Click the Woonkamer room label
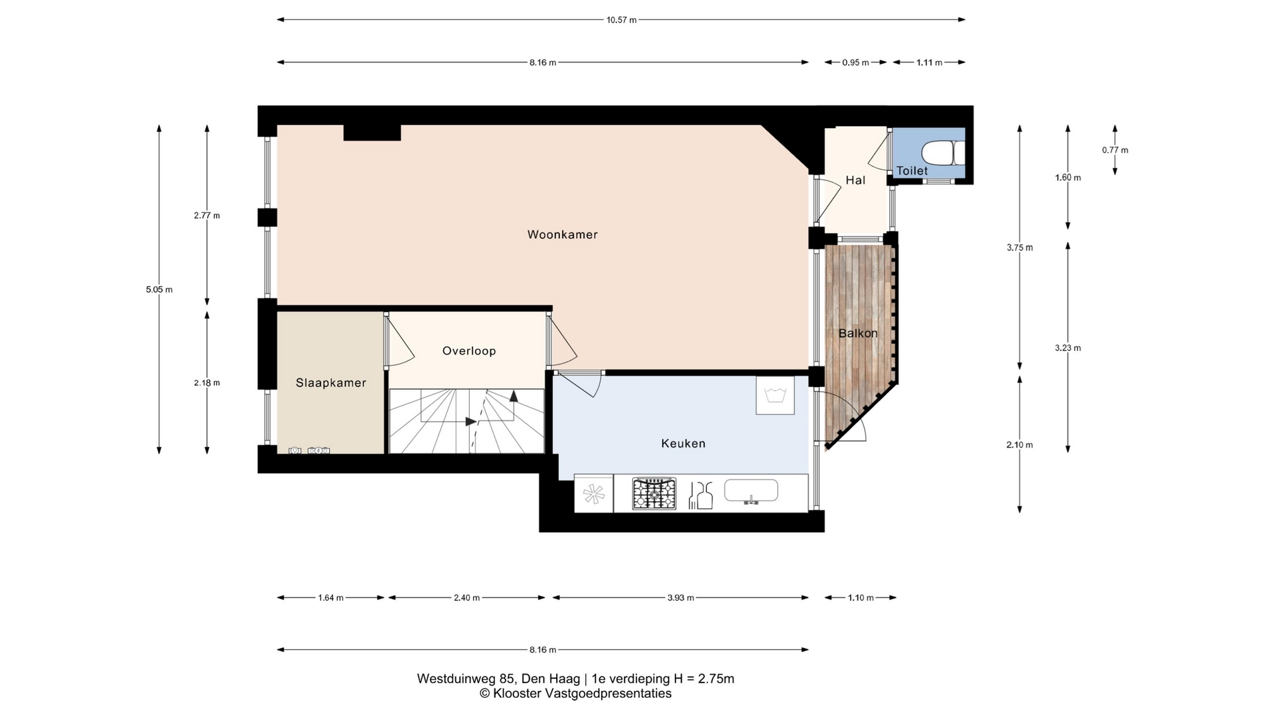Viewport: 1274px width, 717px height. click(x=562, y=234)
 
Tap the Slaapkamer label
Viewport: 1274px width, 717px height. click(x=331, y=383)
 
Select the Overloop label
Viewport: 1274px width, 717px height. click(x=469, y=351)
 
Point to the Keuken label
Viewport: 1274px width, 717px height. click(x=683, y=443)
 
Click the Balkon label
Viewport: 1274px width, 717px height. click(x=858, y=333)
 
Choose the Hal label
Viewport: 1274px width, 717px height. click(x=855, y=180)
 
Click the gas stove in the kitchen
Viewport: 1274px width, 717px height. click(x=654, y=493)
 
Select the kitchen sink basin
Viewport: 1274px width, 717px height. click(x=750, y=491)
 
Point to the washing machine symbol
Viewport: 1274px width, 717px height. click(x=775, y=396)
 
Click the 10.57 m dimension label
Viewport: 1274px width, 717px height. click(x=621, y=20)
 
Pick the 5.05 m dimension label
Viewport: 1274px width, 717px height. click(x=159, y=289)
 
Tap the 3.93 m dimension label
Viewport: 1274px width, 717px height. click(x=681, y=597)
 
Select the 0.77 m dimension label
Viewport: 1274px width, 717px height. click(x=1115, y=150)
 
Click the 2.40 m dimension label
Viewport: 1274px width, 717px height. click(x=466, y=597)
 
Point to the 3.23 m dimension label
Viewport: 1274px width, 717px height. click(x=1068, y=348)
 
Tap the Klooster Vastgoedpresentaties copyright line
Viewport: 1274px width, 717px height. click(x=575, y=694)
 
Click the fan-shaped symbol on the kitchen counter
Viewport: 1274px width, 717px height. click(x=594, y=495)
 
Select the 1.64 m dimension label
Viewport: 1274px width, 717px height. click(x=330, y=597)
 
